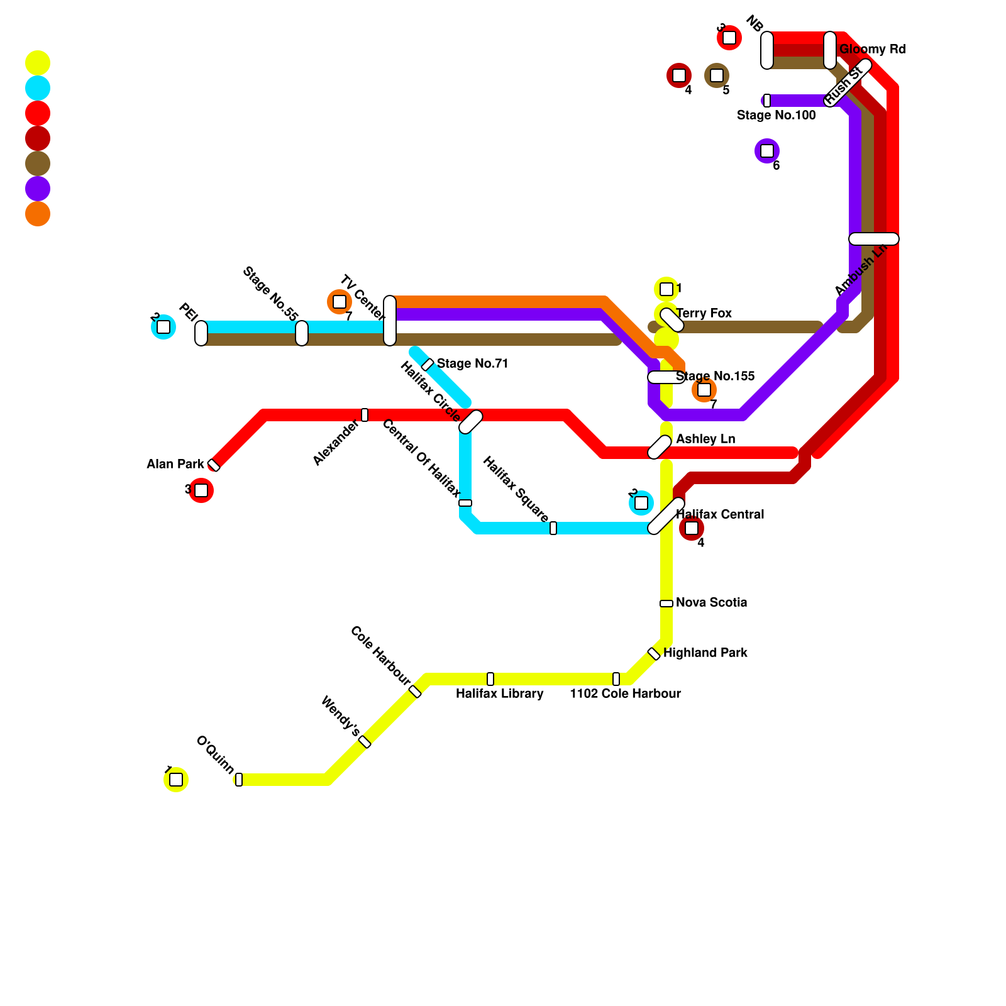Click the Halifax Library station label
[499, 694]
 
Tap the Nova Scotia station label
[711, 602]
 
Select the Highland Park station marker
[654, 654]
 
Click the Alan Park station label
[175, 464]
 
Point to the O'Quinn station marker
[239, 780]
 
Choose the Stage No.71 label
[472, 363]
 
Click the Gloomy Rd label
[872, 49]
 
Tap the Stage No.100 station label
[776, 115]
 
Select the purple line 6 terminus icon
[767, 151]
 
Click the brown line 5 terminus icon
[717, 75]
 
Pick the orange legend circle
[38, 214]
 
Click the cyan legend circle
[38, 88]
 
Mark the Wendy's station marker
[365, 742]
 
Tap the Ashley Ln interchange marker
[660, 446]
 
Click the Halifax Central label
[720, 514]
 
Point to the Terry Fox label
[704, 313]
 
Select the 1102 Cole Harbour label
[625, 694]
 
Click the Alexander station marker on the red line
[365, 415]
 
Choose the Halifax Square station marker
[553, 528]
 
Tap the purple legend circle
[38, 189]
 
